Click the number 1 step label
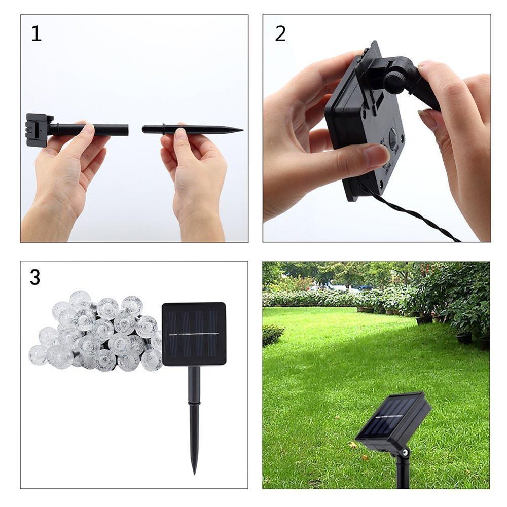(36, 33)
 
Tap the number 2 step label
(280, 33)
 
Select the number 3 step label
(35, 277)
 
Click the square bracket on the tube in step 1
(39, 130)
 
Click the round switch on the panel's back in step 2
(393, 139)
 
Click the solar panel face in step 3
(194, 334)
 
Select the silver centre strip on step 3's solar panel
(193, 334)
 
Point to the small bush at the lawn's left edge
(272, 335)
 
